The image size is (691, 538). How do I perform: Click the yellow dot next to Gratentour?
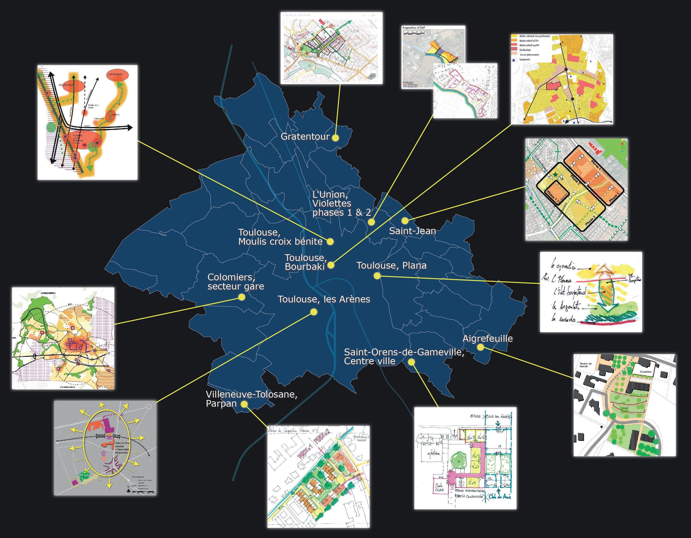(x=335, y=138)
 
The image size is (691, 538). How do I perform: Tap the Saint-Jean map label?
(x=412, y=231)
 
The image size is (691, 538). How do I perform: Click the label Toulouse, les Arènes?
(x=324, y=299)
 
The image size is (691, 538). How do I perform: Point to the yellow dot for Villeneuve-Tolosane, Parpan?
(x=244, y=404)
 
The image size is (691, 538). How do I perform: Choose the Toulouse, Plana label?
(x=391, y=266)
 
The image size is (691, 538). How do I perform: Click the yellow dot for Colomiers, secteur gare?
(x=242, y=297)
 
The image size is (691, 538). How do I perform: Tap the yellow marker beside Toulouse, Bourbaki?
(x=331, y=265)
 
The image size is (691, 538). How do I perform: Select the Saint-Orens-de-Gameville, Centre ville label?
(x=404, y=357)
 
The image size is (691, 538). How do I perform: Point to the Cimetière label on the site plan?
(x=645, y=372)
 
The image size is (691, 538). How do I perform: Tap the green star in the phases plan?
(x=555, y=175)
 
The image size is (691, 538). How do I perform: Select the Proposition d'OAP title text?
(x=414, y=28)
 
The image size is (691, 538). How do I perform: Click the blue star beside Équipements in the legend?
(x=514, y=60)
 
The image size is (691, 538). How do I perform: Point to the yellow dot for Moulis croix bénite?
(x=330, y=242)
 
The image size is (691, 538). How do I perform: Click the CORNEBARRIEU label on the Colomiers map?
(x=48, y=293)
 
